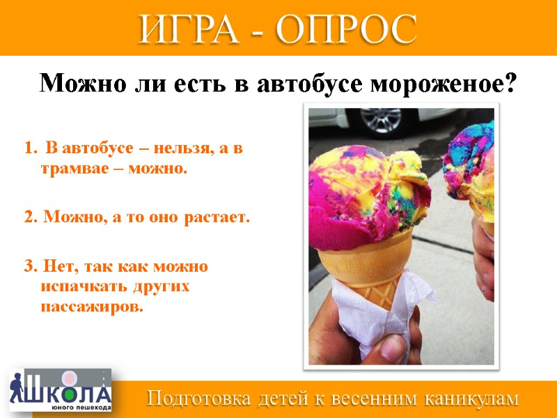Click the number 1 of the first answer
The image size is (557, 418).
tap(28, 148)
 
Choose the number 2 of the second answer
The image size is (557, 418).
tap(28, 217)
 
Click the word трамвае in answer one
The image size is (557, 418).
tap(72, 169)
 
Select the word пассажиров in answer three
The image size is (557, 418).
tap(91, 307)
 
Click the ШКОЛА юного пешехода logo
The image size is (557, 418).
tap(59, 392)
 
